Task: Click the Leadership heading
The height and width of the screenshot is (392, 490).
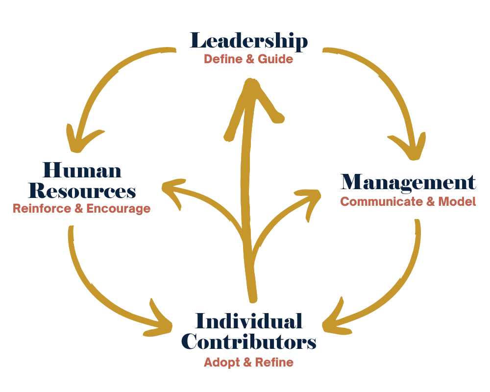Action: pyautogui.click(x=248, y=41)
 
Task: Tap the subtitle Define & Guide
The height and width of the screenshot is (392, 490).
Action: pyautogui.click(x=248, y=59)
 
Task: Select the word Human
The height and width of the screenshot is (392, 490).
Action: pyautogui.click(x=82, y=170)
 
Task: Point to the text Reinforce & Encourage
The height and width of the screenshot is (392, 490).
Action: pyautogui.click(x=81, y=208)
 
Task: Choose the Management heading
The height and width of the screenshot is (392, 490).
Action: pyautogui.click(x=408, y=182)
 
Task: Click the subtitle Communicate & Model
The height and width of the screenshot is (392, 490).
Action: pyautogui.click(x=408, y=201)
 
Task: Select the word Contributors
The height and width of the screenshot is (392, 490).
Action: pyautogui.click(x=248, y=342)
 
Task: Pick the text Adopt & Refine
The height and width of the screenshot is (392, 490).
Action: pyautogui.click(x=248, y=363)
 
